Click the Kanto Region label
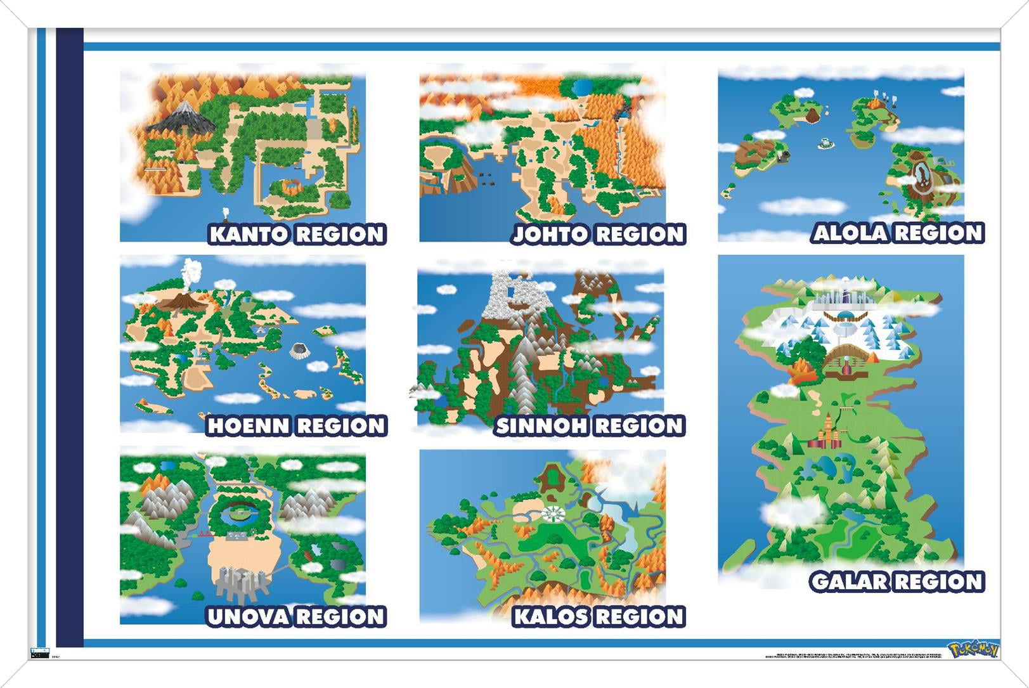(x=297, y=235)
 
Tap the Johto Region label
(x=599, y=235)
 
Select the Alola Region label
(x=898, y=233)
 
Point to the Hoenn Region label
(x=297, y=426)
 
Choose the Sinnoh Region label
(x=590, y=426)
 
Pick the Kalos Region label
(x=599, y=617)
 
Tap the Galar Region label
(x=896, y=582)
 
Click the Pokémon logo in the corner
(x=973, y=650)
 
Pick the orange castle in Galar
(x=828, y=431)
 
